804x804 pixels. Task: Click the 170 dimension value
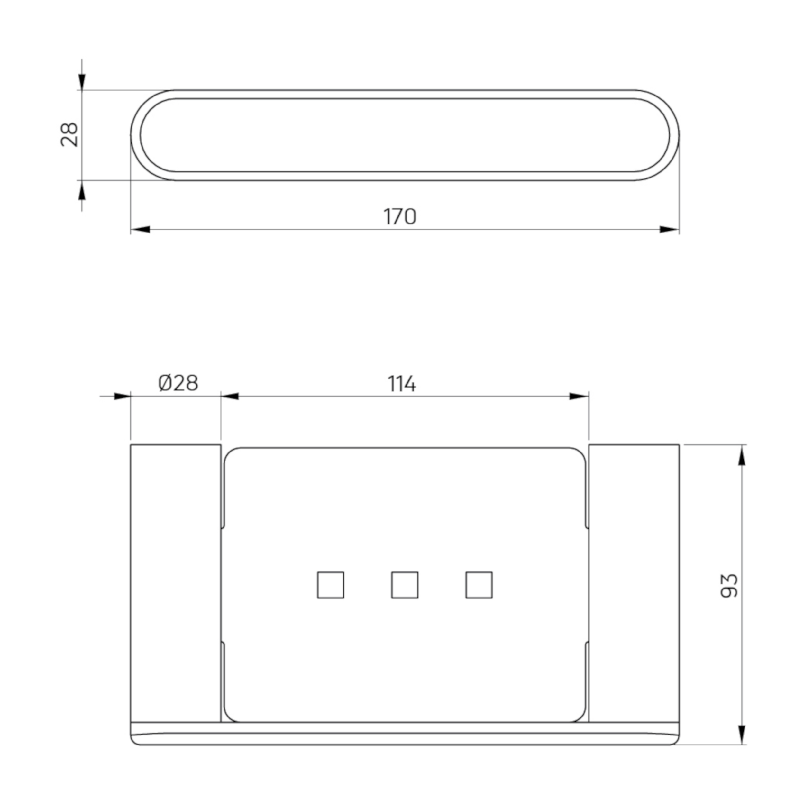tap(399, 216)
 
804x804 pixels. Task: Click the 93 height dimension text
tap(729, 586)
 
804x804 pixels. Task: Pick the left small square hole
tap(330, 585)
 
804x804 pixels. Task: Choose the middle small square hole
tap(405, 585)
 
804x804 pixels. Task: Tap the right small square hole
tap(479, 585)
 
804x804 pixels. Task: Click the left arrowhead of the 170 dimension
tap(140, 229)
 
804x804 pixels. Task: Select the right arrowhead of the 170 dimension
tap(670, 229)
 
